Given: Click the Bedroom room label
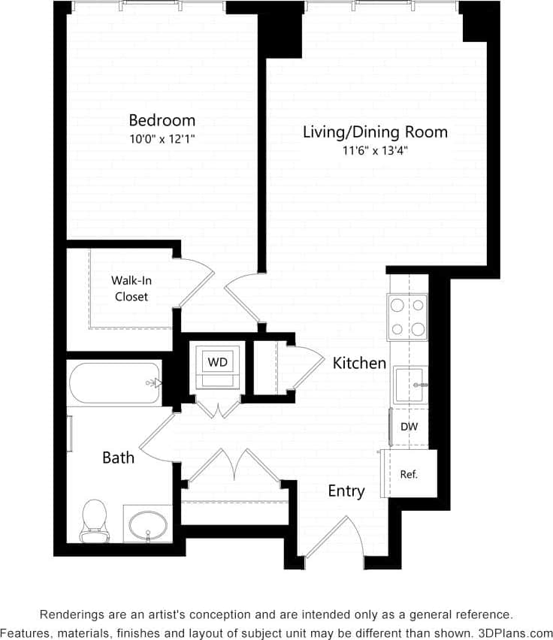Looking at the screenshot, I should [162, 120].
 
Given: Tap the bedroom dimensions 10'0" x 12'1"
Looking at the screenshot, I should [162, 139].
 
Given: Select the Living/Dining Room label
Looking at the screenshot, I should [375, 132].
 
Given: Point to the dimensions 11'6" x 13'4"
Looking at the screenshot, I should [375, 151].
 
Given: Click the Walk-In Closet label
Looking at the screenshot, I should [131, 288].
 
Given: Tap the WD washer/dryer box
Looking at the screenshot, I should [217, 362].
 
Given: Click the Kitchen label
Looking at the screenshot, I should [359, 364].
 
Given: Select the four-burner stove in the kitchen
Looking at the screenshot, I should [407, 316].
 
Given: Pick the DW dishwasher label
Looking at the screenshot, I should [409, 427].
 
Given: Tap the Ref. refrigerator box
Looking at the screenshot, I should [409, 474].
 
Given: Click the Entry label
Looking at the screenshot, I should [346, 491].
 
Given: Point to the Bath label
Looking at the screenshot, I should [119, 457].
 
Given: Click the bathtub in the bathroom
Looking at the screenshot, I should [115, 383].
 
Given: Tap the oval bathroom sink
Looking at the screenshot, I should [148, 523].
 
